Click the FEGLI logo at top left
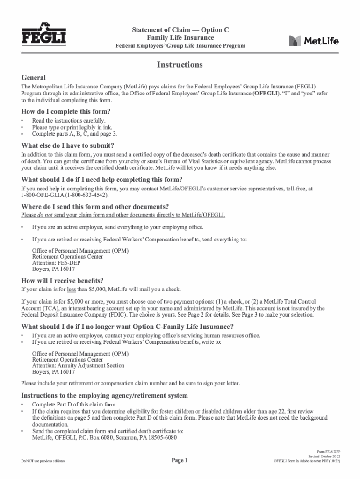pos(43,34)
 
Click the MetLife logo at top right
pos(314,41)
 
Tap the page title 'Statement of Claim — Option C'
pos(180,30)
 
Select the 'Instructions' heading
pos(180,65)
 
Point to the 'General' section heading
pos(34,77)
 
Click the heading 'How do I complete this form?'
pos(66,112)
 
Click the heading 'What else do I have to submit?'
pos(68,145)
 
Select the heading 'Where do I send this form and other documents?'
pos(95,207)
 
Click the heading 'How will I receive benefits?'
pos(63,281)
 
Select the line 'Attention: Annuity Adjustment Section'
pos(78,366)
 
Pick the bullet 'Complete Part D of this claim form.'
pos(74,404)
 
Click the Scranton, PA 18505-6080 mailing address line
pos(104,438)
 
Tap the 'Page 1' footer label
pos(180,461)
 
